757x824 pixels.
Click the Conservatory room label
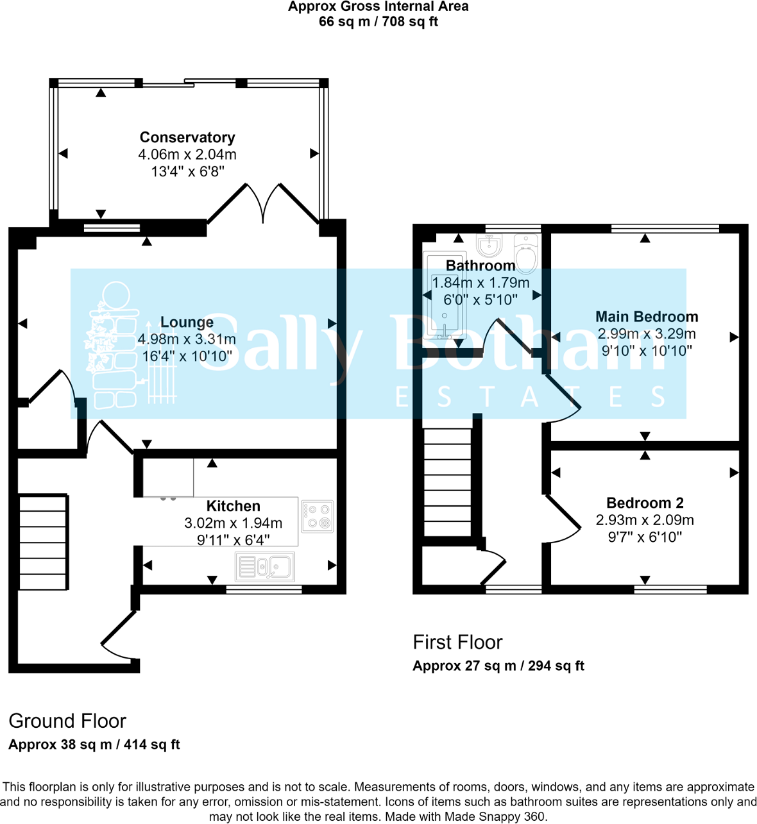(x=187, y=137)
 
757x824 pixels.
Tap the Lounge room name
(x=187, y=322)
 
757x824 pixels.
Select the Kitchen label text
(x=233, y=506)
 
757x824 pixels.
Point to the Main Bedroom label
(x=647, y=317)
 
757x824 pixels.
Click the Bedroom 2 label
(x=645, y=503)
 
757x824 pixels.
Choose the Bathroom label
(x=481, y=265)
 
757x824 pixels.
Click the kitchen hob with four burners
(x=318, y=516)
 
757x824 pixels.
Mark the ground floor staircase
(x=43, y=542)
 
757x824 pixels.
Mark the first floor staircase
(x=448, y=482)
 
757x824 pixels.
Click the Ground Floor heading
(x=67, y=721)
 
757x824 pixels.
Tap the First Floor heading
(x=457, y=642)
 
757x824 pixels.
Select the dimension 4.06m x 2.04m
(x=187, y=155)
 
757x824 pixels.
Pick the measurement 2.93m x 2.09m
(x=645, y=520)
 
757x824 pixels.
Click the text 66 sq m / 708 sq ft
(x=378, y=22)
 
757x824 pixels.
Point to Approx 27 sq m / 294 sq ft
(x=498, y=666)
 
